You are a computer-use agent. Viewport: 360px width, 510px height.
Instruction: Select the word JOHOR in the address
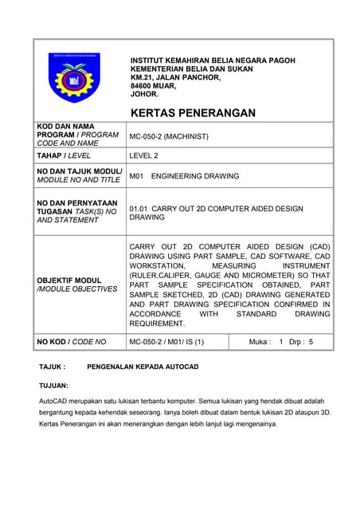[144, 94]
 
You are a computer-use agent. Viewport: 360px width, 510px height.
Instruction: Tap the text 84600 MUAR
[153, 86]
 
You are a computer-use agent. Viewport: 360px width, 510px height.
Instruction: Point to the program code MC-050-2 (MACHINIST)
[169, 136]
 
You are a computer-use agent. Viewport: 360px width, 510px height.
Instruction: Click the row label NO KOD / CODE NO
[72, 342]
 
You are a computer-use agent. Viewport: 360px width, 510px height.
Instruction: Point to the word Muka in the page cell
[260, 342]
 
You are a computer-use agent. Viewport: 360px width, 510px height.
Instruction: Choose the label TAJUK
[52, 367]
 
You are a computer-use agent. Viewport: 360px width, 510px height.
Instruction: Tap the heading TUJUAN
[54, 385]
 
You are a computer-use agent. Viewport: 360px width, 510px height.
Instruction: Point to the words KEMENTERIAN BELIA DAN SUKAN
[191, 69]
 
